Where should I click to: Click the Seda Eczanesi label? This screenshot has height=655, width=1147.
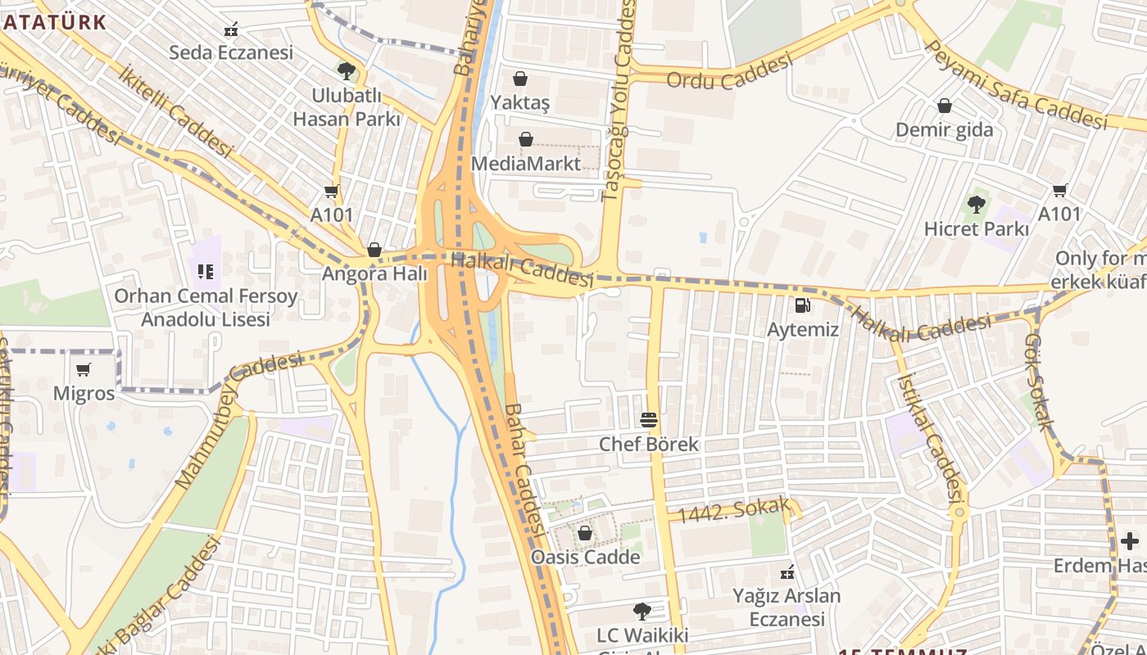coord(230,52)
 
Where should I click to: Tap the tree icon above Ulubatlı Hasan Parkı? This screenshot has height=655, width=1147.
coord(347,71)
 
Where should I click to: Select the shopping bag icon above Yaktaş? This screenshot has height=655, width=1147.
coord(519,79)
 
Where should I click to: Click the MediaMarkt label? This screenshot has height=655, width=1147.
coord(525,163)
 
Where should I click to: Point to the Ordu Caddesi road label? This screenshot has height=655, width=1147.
coord(729,72)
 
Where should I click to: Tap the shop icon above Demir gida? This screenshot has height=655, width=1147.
coord(944,106)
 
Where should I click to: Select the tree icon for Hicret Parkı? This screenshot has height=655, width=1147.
coord(976,205)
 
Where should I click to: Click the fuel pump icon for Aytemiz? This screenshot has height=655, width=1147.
coord(803,305)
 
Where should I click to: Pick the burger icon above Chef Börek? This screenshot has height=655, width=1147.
coord(649,420)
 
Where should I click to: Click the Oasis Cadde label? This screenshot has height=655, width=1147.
coord(585,557)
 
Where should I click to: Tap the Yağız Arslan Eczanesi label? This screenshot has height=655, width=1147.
coord(787,607)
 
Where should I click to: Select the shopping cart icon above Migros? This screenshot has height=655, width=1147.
coord(83,369)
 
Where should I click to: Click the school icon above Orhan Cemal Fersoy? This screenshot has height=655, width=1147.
coord(205,271)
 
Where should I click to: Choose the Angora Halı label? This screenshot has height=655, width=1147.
coord(374,273)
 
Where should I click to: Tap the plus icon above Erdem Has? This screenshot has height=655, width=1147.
coord(1129,541)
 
